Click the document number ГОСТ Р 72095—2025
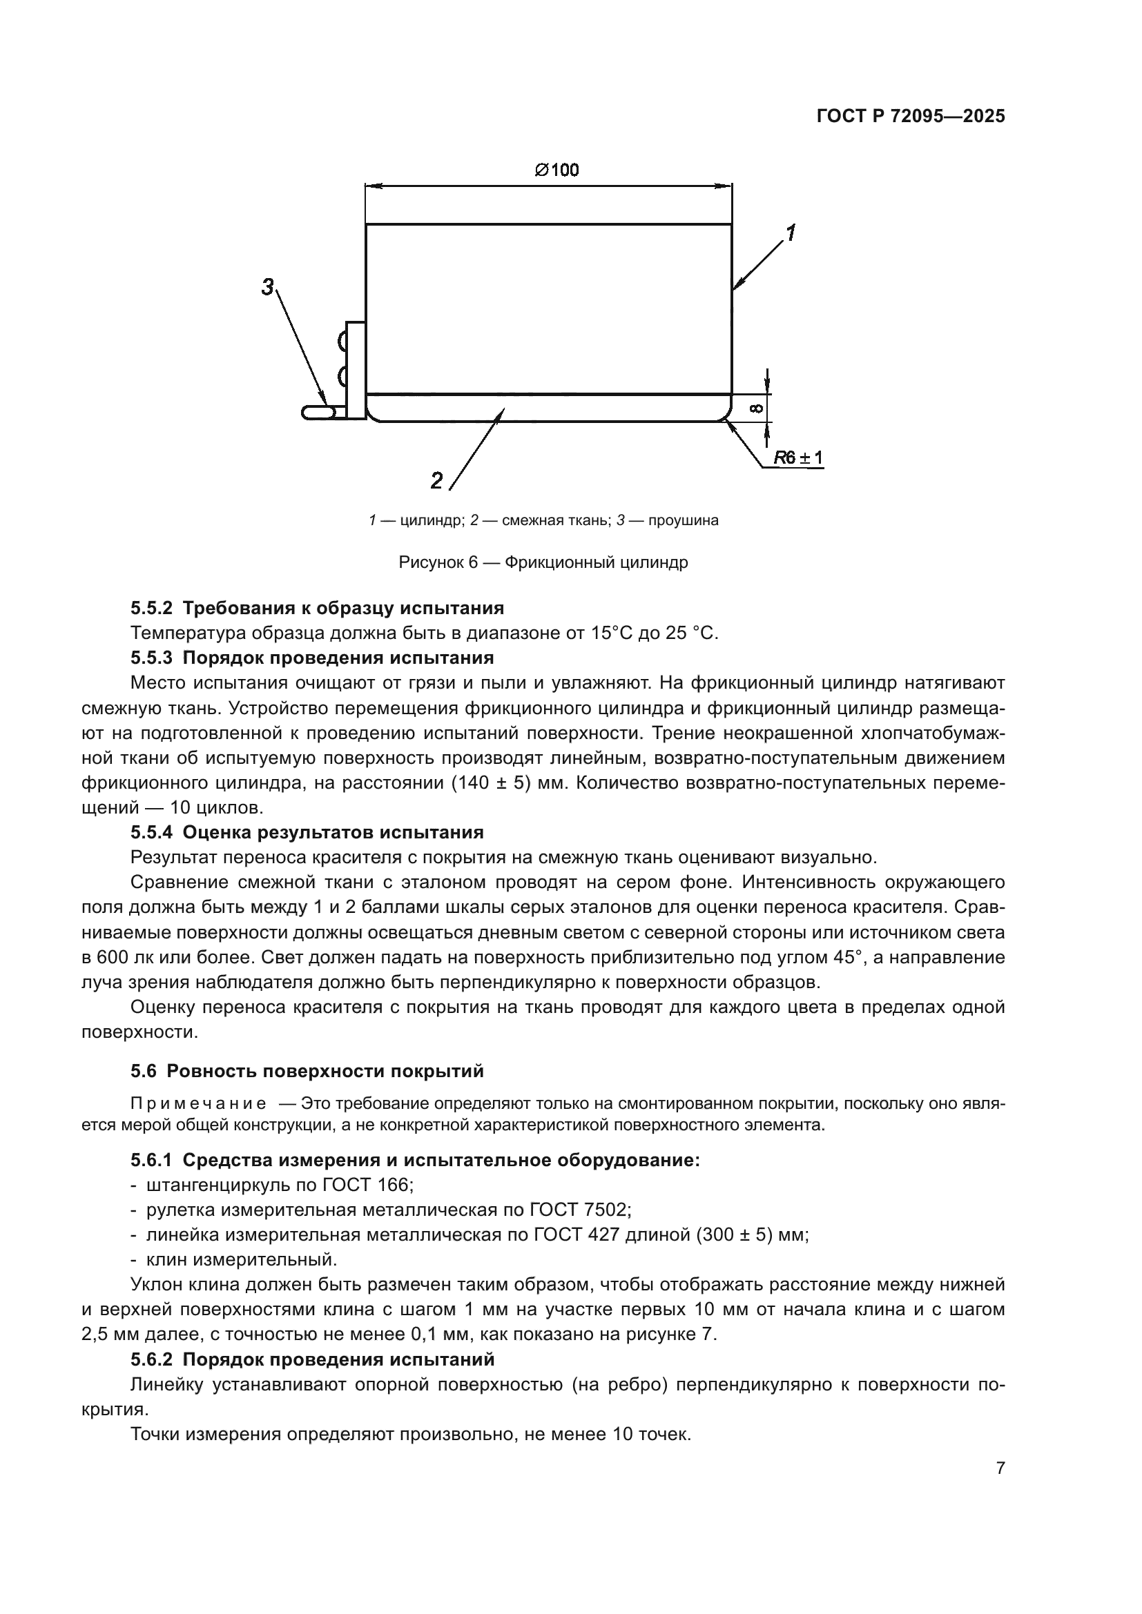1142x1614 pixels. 910,117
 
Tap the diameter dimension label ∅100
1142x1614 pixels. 557,170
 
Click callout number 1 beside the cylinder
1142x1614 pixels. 791,232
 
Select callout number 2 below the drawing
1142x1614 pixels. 436,481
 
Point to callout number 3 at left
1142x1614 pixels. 268,287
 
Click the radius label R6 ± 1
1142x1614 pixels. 798,458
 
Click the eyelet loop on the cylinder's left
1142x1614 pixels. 318,413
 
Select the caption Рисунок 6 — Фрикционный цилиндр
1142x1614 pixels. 543,562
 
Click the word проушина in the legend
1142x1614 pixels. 683,521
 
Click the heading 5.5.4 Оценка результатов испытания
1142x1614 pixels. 307,832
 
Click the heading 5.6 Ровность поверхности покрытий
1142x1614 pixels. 307,1072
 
